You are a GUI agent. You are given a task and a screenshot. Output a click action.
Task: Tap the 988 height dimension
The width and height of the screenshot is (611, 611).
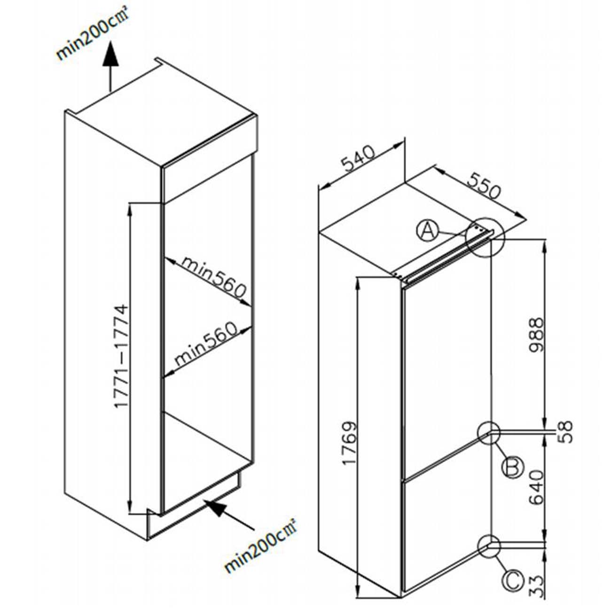535,335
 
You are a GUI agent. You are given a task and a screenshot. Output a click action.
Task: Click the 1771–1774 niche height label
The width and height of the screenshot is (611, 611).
121,357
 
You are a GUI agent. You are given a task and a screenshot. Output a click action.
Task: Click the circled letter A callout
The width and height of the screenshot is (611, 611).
427,231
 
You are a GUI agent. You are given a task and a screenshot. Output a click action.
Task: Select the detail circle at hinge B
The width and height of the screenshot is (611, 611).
489,432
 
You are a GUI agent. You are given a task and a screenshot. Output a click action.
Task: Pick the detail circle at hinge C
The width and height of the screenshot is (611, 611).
489,547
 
